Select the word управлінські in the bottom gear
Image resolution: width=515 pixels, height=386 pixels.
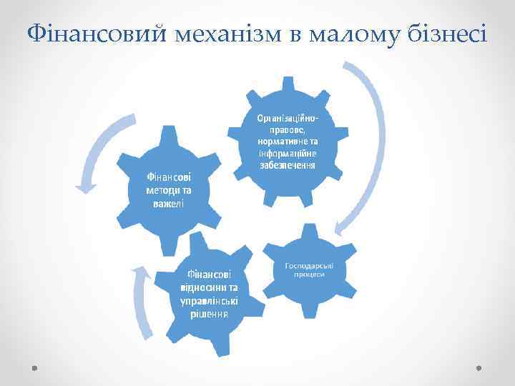pyautogui.click(x=205, y=300)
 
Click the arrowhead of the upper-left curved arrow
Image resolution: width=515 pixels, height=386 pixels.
pyautogui.click(x=87, y=187)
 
